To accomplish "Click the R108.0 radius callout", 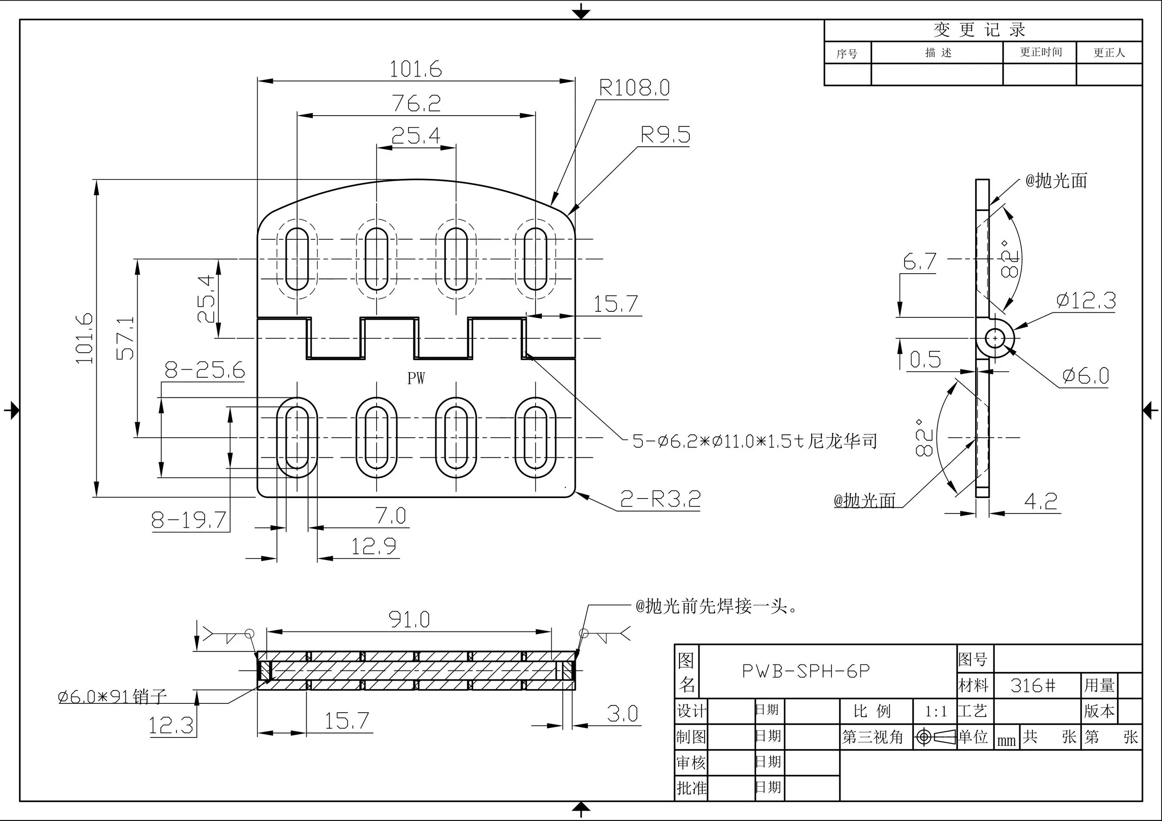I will coord(634,88).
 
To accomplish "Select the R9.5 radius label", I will coord(665,135).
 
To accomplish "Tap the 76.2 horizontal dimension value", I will coord(416,103).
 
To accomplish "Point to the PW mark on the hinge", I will coord(416,378).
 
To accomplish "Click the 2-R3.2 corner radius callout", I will coord(660,499).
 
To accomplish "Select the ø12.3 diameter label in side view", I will coord(1086,301).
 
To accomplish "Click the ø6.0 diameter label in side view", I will coord(1086,376).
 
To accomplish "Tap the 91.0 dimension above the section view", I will coord(409,620).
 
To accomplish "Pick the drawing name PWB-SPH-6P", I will coord(805,671).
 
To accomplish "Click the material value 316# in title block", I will coord(1033,686).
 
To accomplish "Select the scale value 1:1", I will coord(935,712).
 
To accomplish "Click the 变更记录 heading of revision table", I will coord(979,30).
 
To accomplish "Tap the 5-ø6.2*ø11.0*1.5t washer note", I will coord(754,441).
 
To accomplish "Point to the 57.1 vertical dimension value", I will coord(126,338).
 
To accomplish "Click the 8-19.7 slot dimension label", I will coord(189,520).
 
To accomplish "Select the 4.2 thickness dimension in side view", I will coord(1041,501).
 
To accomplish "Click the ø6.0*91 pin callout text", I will coord(112,696).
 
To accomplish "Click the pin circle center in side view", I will coord(995,338).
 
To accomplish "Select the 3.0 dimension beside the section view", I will coord(622,714).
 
